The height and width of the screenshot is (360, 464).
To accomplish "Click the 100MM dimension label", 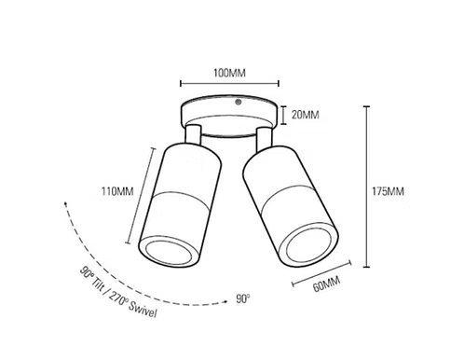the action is (x=229, y=73).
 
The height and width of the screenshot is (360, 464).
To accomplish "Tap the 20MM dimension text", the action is (x=305, y=115).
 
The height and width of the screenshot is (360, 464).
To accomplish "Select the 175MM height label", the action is (x=389, y=191).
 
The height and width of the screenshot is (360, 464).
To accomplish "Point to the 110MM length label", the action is (x=117, y=191).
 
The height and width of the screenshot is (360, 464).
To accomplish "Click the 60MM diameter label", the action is (x=326, y=284).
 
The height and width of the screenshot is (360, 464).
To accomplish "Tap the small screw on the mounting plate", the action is (x=239, y=102).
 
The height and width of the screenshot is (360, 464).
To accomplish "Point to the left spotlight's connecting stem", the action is (x=193, y=134).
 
